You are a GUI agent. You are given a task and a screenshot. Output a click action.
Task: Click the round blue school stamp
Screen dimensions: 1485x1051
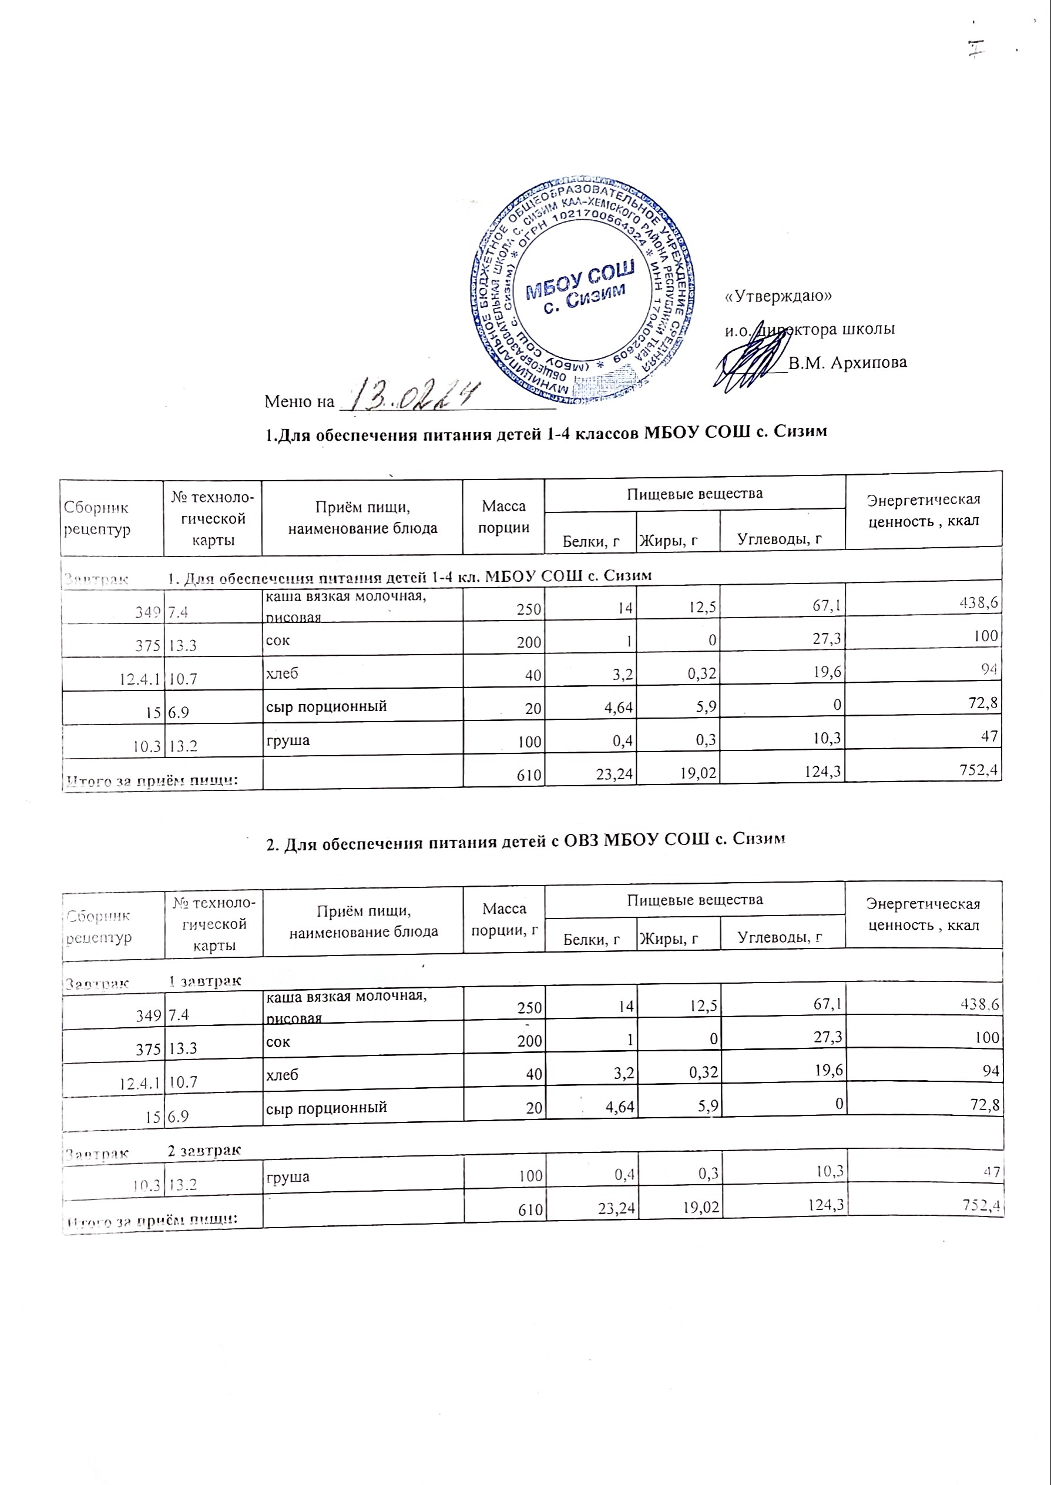582,291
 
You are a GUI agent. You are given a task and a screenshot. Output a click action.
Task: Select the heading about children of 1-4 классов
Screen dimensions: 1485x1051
546,432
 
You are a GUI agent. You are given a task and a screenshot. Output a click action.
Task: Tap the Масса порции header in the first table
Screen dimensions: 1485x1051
503,517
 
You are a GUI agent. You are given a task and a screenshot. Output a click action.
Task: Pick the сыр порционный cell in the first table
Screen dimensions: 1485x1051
327,706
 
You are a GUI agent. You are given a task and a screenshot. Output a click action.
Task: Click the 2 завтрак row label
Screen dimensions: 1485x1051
204,1149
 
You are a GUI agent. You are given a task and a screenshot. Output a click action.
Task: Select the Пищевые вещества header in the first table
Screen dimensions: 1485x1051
694,493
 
